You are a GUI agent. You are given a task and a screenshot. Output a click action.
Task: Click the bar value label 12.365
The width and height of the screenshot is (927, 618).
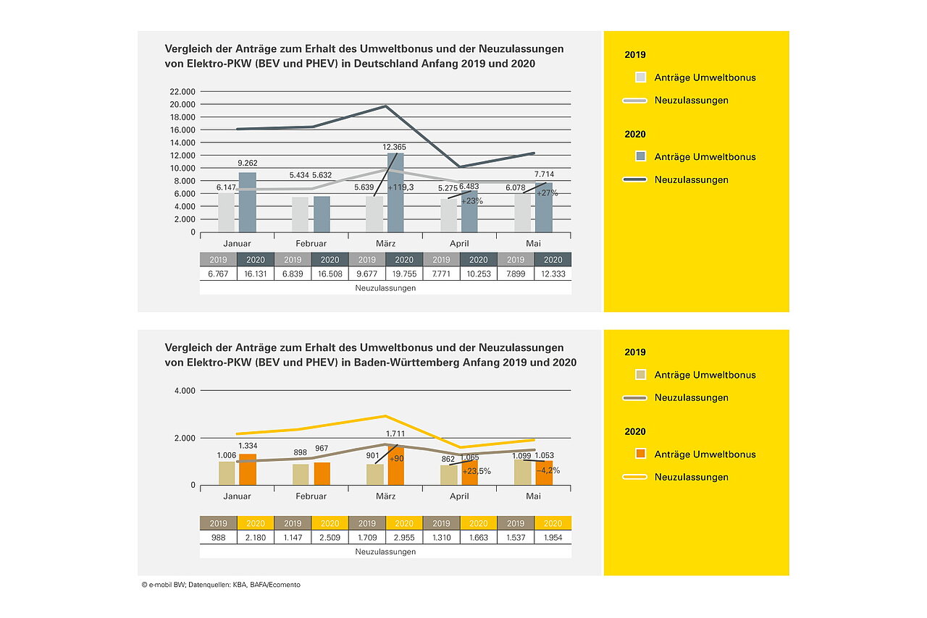(x=397, y=148)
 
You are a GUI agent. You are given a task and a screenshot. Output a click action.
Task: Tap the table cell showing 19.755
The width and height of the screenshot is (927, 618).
(x=404, y=274)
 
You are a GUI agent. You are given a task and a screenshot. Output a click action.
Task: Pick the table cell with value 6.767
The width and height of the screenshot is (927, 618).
(x=218, y=274)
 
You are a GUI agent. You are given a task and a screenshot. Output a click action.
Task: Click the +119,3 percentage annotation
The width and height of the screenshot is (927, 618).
(x=400, y=187)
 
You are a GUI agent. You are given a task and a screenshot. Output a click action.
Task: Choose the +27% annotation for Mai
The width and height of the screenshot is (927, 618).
(x=547, y=194)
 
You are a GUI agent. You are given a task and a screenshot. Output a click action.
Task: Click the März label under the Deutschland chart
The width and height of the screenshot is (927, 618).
(x=385, y=244)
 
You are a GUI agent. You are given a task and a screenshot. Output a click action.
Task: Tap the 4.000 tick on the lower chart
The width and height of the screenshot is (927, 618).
(x=185, y=391)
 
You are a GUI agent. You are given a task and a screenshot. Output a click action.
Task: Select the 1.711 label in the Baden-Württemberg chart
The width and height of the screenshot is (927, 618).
(x=395, y=434)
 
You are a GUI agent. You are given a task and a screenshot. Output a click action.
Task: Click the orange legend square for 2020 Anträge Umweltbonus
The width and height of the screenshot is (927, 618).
(x=640, y=454)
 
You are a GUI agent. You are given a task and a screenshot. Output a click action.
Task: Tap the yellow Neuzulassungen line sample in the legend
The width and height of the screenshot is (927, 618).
(x=634, y=478)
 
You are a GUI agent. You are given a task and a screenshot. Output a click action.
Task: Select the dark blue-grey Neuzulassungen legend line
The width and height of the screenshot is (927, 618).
(x=634, y=179)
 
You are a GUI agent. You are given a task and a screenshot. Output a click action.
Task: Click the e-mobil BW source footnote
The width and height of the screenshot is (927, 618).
(x=220, y=585)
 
